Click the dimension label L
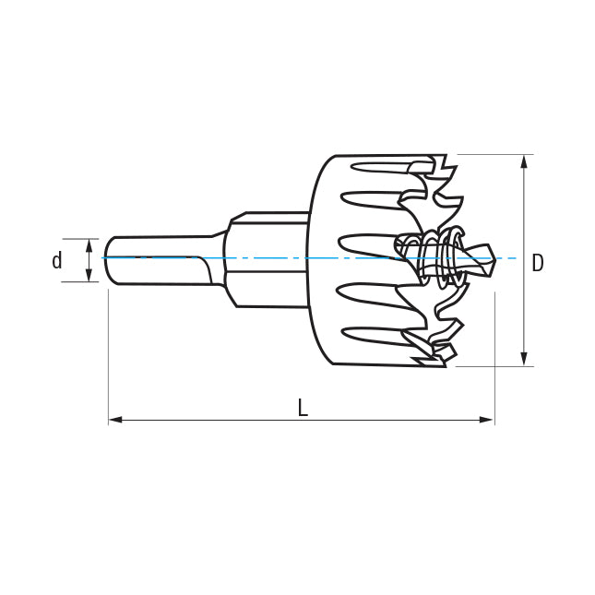303,408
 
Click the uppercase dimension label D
537,263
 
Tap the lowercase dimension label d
57,261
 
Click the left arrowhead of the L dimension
115,420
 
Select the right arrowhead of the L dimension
487,420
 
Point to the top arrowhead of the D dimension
524,161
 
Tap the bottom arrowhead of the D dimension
524,359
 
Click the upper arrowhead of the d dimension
89,245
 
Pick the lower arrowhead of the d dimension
89,275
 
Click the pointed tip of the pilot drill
494,259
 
